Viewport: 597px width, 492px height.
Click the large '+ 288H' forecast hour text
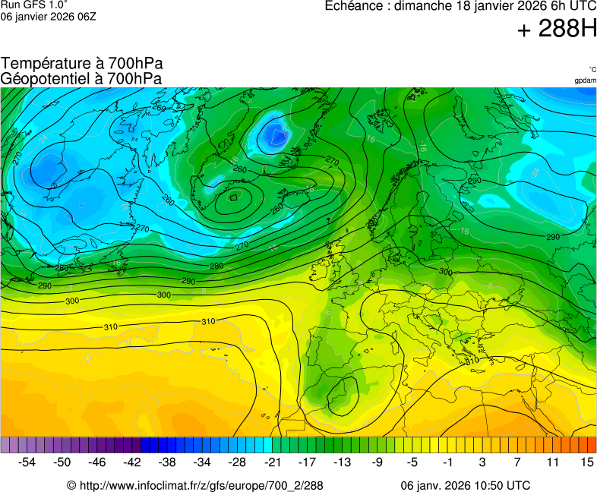point(557,30)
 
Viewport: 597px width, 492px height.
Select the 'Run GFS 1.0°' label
point(34,5)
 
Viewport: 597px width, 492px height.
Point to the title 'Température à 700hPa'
point(82,64)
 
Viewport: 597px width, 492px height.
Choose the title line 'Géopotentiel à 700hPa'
point(81,78)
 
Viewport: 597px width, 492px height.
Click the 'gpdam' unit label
point(585,80)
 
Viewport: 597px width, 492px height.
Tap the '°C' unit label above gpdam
point(592,69)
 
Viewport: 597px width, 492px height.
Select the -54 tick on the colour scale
point(27,462)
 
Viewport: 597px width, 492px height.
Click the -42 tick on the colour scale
point(132,462)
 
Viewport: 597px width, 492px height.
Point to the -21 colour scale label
point(272,462)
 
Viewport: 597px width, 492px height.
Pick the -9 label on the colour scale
point(377,462)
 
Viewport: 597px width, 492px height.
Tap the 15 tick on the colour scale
point(586,462)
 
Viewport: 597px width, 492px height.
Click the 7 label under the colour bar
point(516,462)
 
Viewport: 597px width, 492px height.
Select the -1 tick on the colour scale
point(447,462)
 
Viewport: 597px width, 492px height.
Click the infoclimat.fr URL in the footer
point(201,485)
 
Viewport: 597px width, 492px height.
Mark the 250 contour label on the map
point(277,207)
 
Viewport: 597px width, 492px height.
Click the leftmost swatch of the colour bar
point(5,445)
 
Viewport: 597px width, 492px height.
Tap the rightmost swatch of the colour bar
point(592,445)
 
